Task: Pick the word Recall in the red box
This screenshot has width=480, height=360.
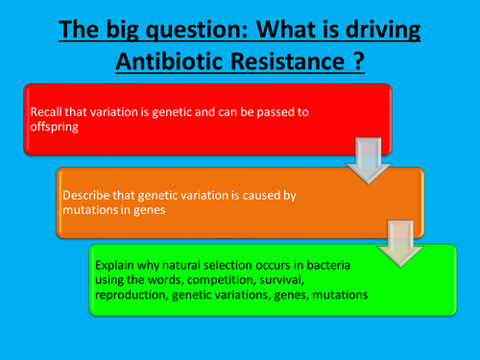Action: [48, 111]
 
